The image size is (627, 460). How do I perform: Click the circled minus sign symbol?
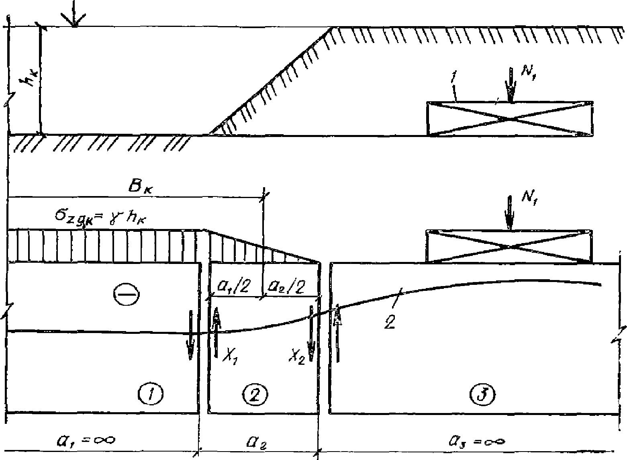[x=126, y=294]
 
